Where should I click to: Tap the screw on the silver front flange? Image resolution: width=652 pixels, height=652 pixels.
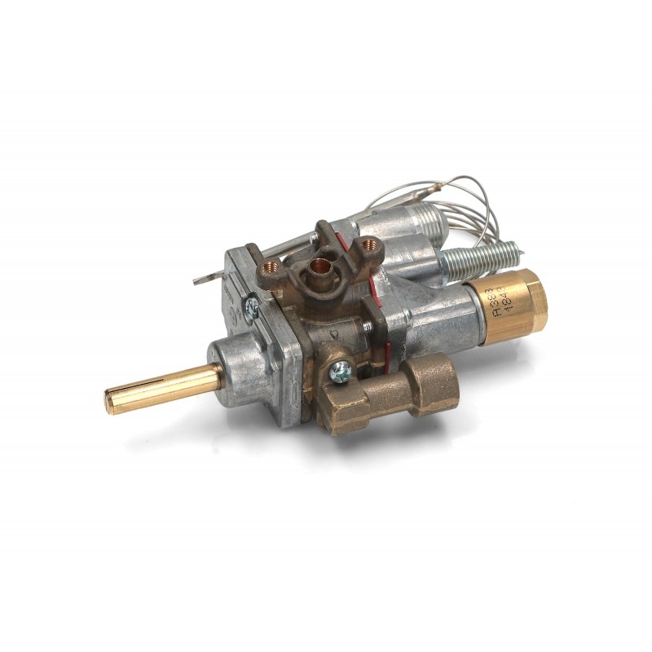coord(253,307)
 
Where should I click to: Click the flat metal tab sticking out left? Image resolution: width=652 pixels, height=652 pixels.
coord(204,278)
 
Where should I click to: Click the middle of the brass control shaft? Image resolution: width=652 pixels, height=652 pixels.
coord(163,388)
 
